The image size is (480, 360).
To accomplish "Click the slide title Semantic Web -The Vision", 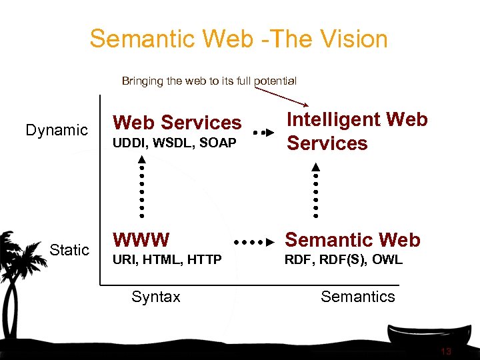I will pos(239,39).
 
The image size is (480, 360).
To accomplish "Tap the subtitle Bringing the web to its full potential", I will pos(209,81).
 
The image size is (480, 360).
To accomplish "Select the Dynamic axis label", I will pos(57,130).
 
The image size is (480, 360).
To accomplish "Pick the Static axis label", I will pos(69,250).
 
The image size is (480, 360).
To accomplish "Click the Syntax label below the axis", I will pos(155,297).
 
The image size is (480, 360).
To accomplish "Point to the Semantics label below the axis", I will pos(357,297).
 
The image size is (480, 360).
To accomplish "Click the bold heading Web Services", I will pos(177,123).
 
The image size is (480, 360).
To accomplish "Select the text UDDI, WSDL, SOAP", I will pos(175,143).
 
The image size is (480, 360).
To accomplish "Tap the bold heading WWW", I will pos(141,239).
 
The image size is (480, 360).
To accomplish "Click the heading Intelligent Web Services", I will pos(357,131).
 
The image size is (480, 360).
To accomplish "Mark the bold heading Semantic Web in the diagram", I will pos(353,239).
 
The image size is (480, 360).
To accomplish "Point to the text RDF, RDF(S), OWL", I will pos(343,260).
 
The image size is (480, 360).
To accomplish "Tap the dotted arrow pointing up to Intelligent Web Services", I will pos(316,189).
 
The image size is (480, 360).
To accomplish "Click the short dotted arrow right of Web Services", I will pos(263,133).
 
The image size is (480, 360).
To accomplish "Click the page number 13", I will pos(446,351).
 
